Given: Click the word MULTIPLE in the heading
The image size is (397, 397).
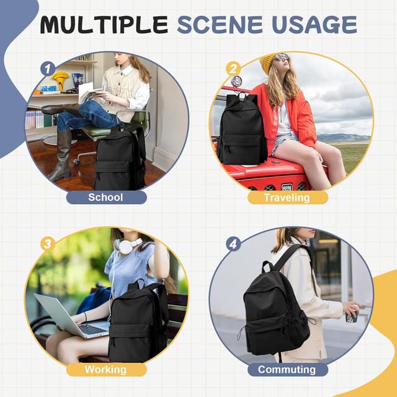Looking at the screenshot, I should pos(104,24).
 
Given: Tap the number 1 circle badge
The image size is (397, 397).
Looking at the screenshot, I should pos(48,69).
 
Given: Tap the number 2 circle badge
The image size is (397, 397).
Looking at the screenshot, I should pos(233,68).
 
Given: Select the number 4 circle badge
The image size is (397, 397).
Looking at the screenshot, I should pos(233,244).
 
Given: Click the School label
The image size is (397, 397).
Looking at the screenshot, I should pos(106,198).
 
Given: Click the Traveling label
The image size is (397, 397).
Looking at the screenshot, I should pos(287,198).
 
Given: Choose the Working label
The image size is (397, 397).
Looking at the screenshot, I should pos(106,370).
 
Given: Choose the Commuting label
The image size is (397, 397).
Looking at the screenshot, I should pos(287,370).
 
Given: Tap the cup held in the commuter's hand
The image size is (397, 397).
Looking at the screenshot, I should pos(352,316).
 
